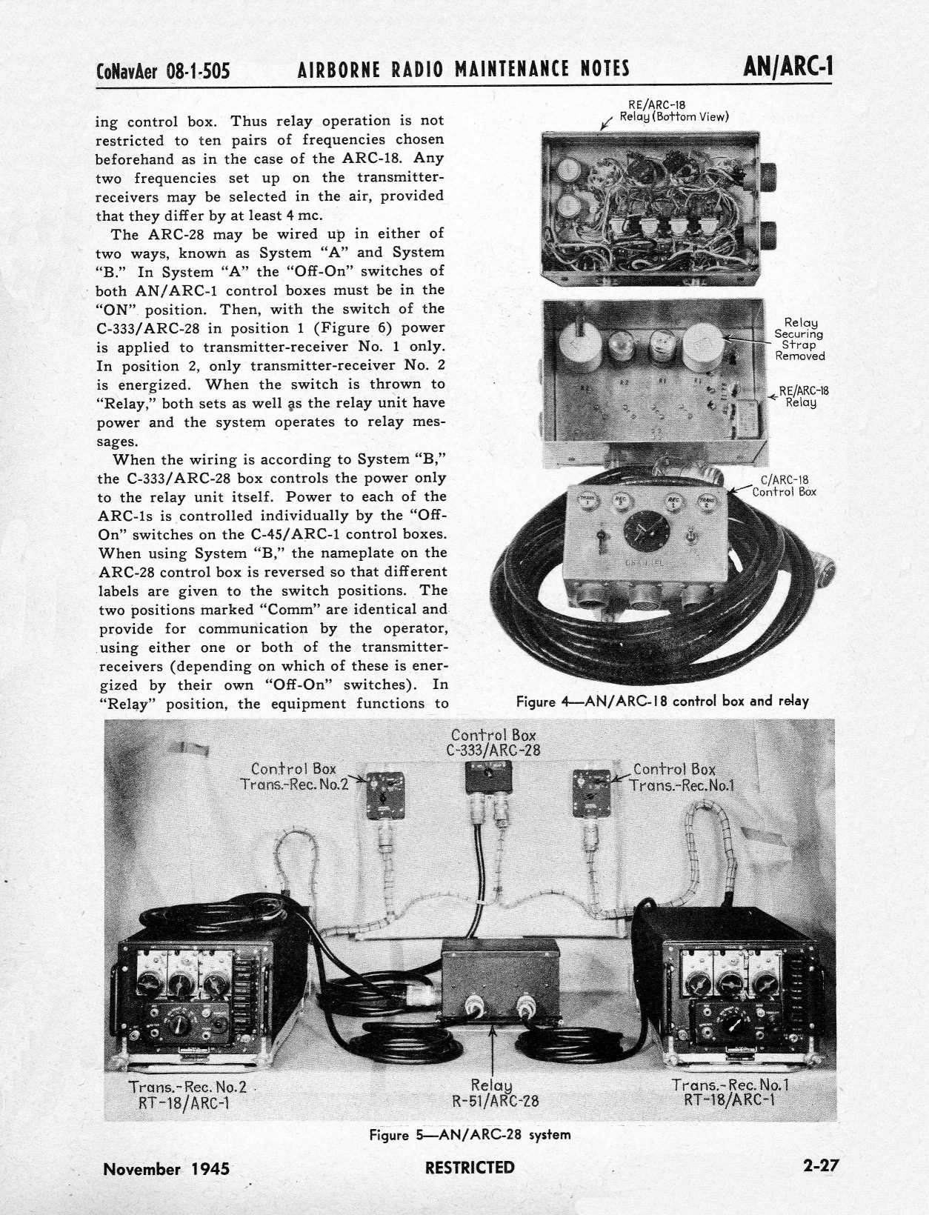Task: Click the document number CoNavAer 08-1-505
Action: tap(163, 71)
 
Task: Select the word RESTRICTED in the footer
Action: tap(470, 1168)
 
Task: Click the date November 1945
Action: tap(167, 1169)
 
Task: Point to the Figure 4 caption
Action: tap(662, 701)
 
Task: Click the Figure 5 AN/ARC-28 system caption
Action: tap(470, 1135)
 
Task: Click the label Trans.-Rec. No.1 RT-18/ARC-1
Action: tap(730, 1091)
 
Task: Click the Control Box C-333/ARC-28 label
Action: tap(493, 742)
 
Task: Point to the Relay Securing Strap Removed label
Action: tap(800, 339)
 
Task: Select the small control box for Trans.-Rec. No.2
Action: tap(385, 794)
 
